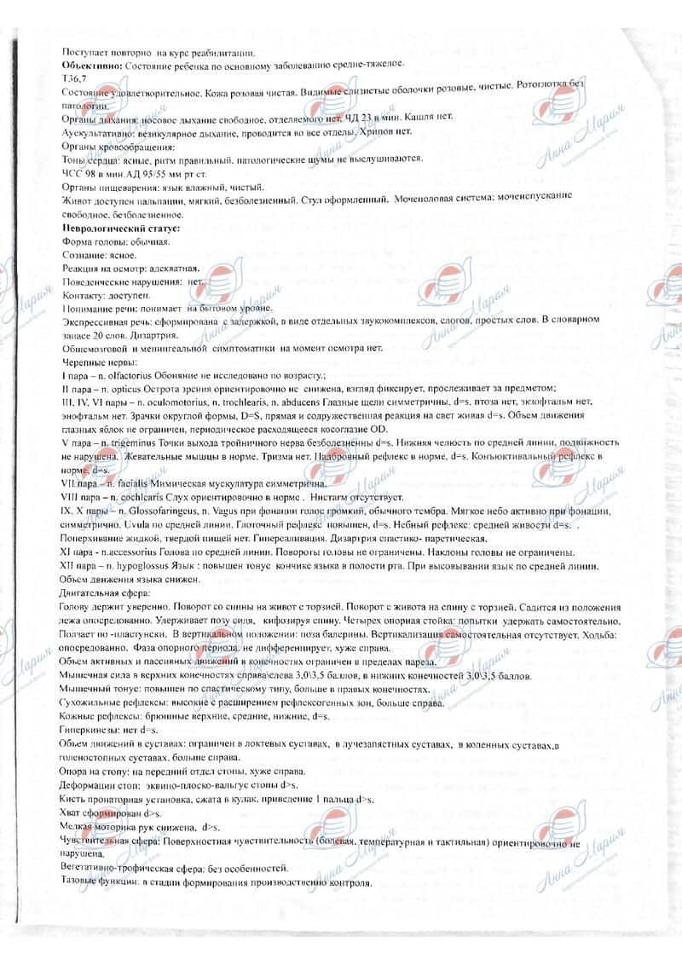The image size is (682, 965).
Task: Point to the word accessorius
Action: click(143, 553)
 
